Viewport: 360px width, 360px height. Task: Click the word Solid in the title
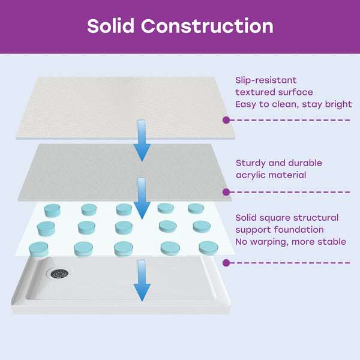[110, 26]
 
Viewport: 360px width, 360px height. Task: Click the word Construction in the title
[207, 26]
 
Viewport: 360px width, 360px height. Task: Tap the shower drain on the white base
[59, 274]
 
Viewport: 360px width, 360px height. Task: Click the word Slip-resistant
[266, 80]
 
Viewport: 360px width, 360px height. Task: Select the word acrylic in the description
[250, 175]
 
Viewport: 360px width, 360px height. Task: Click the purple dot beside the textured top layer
[226, 120]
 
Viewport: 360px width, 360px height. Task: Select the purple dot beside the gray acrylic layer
[226, 192]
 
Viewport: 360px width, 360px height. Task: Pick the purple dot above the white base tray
[226, 263]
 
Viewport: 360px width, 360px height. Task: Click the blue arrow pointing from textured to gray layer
[142, 140]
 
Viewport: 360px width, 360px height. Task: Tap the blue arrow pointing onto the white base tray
[142, 280]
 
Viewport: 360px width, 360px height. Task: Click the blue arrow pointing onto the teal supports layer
[142, 199]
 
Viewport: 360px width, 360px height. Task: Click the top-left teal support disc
[52, 211]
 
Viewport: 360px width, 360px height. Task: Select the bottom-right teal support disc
[208, 248]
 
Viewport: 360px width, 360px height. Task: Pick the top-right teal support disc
[196, 208]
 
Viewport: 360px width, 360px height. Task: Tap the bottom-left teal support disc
[38, 249]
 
